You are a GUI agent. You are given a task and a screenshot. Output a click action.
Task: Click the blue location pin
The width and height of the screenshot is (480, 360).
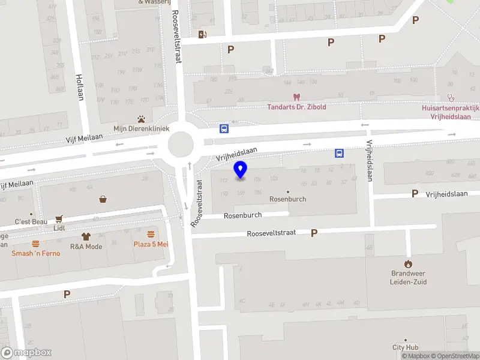point(241,170)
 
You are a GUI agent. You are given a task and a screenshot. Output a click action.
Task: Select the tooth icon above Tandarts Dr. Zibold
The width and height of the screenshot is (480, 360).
point(296,97)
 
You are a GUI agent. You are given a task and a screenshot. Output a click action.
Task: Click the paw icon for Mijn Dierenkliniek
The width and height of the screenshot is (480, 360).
point(142,118)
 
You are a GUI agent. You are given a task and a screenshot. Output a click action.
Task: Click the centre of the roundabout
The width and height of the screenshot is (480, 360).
point(181,144)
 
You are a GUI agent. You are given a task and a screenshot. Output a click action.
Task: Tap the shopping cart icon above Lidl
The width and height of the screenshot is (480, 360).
point(59,218)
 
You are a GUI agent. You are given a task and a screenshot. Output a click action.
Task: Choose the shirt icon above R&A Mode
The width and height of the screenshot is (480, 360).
point(86,236)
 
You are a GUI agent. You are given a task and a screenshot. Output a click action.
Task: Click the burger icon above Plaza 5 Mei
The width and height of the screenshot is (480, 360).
point(151,234)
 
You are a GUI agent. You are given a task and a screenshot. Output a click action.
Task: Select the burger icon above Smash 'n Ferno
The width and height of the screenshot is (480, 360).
point(36,244)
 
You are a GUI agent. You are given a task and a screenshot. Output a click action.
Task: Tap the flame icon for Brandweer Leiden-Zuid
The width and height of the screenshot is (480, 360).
point(408,263)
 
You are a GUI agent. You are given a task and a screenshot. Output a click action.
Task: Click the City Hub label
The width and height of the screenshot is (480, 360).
point(405,347)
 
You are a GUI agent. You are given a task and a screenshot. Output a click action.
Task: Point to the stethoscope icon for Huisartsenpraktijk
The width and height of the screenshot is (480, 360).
point(451,98)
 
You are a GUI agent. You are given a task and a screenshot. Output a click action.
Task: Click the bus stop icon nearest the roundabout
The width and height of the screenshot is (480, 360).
point(224,128)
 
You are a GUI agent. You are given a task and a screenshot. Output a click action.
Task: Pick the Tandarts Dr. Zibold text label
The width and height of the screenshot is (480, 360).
point(296,107)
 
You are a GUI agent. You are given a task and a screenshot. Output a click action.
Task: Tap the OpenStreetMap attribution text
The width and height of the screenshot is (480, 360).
point(454,356)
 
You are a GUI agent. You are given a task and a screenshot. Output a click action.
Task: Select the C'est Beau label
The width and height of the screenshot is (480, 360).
point(31,221)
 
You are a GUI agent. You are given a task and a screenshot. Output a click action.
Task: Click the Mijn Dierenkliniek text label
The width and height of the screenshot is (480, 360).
point(142,128)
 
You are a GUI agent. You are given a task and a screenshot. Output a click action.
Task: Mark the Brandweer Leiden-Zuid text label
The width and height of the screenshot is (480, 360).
point(408,278)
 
